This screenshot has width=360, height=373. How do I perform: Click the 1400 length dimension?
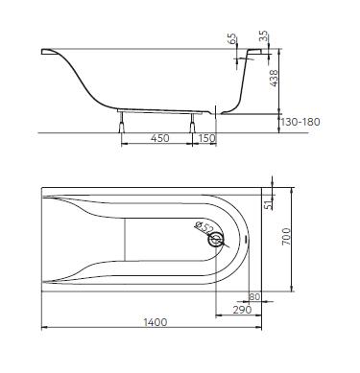tap(155, 322)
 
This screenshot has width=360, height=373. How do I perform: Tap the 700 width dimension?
tap(286, 237)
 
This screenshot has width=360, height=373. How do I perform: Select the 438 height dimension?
tap(274, 79)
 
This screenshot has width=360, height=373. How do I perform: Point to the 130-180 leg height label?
tap(300, 122)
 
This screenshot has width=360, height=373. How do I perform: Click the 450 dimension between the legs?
tap(160, 138)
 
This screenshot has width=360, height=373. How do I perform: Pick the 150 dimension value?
tap(206, 138)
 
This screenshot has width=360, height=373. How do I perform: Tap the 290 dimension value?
tap(242, 310)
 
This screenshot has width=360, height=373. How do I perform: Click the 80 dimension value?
tap(254, 297)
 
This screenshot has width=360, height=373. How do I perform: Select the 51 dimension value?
tap(271, 203)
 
